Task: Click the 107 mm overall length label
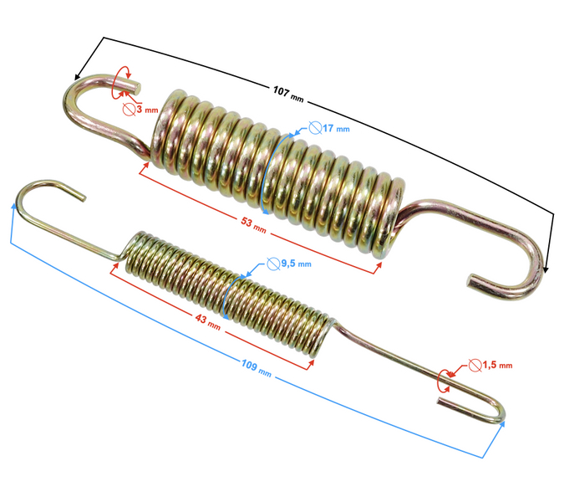(288, 92)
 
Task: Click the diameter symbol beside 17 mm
(316, 129)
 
